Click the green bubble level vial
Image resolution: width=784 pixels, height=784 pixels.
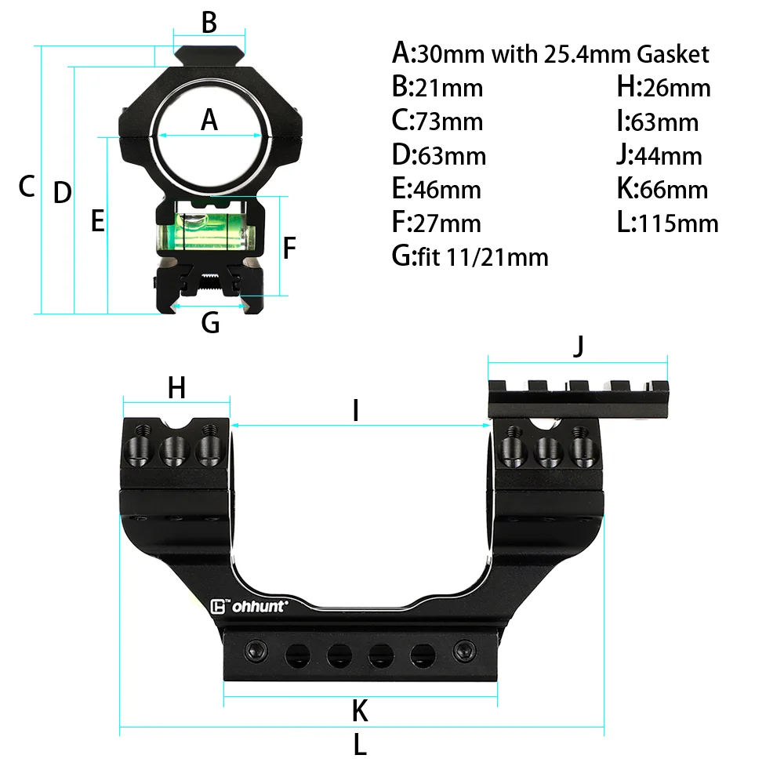[209, 230]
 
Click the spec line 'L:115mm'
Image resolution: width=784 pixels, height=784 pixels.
[667, 223]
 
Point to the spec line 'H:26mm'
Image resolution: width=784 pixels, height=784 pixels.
[663, 87]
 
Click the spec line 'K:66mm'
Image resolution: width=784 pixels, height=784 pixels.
[662, 189]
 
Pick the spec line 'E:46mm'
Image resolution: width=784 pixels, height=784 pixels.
[436, 189]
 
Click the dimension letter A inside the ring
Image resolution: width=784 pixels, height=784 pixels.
[209, 120]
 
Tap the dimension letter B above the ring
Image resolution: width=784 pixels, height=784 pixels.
[209, 23]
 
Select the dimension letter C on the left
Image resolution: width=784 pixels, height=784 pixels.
[27, 187]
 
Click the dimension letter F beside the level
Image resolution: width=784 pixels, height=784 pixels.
[289, 249]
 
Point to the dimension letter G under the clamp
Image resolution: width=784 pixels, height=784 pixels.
[210, 322]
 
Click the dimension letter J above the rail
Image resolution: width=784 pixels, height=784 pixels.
[579, 346]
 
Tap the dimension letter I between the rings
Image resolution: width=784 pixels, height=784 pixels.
[355, 410]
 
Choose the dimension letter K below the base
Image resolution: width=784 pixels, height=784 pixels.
[360, 711]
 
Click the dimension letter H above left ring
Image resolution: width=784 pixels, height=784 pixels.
[176, 387]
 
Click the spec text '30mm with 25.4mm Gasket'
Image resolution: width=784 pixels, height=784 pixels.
[562, 54]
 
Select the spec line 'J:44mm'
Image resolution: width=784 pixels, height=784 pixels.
[659, 155]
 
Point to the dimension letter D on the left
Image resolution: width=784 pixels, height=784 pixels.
[62, 193]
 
